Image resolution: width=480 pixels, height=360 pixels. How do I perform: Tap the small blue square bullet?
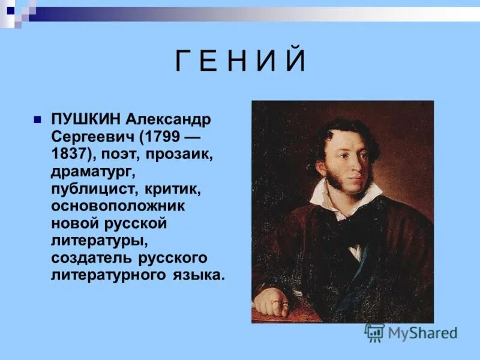click(x=37, y=119)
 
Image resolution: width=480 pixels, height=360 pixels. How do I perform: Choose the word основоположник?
click(x=118, y=206)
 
